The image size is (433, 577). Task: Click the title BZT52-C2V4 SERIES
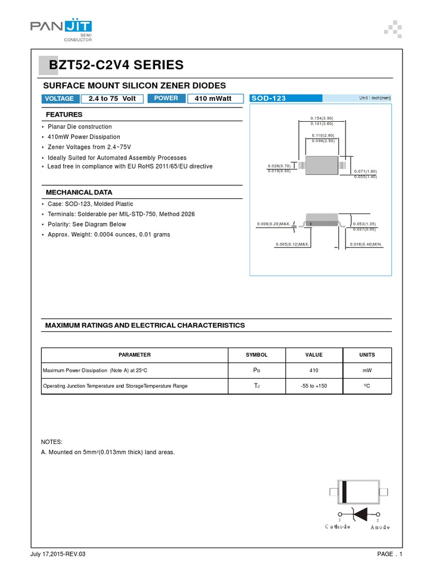point(116,65)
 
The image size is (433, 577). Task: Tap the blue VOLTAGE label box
point(60,99)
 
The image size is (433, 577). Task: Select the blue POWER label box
point(166,99)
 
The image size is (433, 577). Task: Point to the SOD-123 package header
point(269,99)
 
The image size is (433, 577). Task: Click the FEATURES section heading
point(64,114)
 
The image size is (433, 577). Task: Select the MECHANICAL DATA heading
point(78,192)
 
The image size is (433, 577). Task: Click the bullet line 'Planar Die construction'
point(79,127)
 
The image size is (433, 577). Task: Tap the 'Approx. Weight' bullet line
point(108,234)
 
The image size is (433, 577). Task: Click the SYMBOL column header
point(257,355)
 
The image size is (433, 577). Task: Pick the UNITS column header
point(366,355)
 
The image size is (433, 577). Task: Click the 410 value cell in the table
point(314,370)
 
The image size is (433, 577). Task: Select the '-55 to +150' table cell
point(314,386)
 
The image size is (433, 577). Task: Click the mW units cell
point(366,370)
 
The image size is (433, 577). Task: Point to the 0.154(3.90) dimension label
point(321,118)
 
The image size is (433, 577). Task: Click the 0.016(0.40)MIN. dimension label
point(365,244)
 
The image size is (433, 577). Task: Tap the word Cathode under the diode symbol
point(338,527)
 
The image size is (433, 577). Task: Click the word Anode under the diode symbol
point(379,527)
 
